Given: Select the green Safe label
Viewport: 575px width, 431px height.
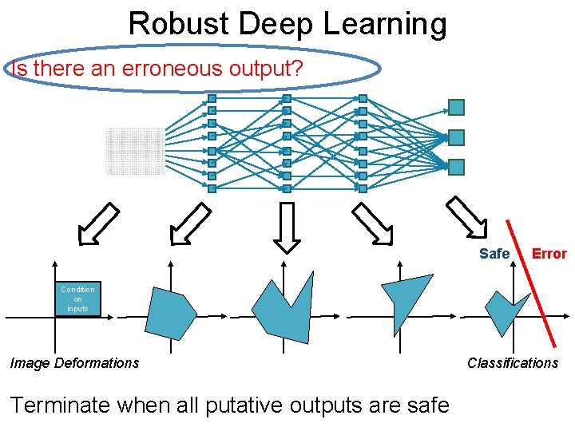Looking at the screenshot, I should click(x=494, y=254).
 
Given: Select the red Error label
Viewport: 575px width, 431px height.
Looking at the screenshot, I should click(x=549, y=254).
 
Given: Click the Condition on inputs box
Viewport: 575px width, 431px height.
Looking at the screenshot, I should click(x=77, y=299).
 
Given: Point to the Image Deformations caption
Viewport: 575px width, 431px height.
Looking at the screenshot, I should click(x=74, y=363).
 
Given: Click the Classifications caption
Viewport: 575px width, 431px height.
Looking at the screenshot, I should click(x=513, y=363).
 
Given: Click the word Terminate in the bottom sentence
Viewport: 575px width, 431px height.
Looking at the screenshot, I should click(x=60, y=405).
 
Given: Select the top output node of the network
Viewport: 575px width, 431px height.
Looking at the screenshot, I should click(x=456, y=107).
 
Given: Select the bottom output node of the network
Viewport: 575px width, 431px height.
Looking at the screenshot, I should click(x=456, y=167).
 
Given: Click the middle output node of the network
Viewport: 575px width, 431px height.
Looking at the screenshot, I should click(x=456, y=137).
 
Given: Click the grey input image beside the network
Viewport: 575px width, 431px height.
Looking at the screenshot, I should click(x=134, y=151).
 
